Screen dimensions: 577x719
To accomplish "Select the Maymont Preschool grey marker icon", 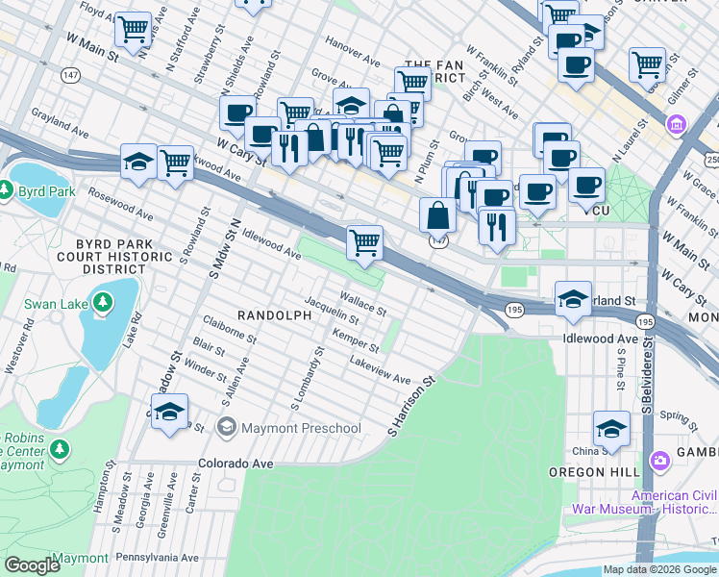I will click(x=227, y=428).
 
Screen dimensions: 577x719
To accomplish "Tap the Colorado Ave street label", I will click(x=236, y=463).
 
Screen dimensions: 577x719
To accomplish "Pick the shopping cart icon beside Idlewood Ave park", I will click(x=364, y=242).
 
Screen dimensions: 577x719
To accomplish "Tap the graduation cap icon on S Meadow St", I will click(x=169, y=412).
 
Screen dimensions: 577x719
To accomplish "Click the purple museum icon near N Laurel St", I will click(x=676, y=123).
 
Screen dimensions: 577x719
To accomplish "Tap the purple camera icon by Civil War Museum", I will click(x=659, y=460).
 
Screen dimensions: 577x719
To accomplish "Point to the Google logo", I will click(x=32, y=565).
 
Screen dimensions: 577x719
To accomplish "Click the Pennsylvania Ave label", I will click(x=157, y=557).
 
